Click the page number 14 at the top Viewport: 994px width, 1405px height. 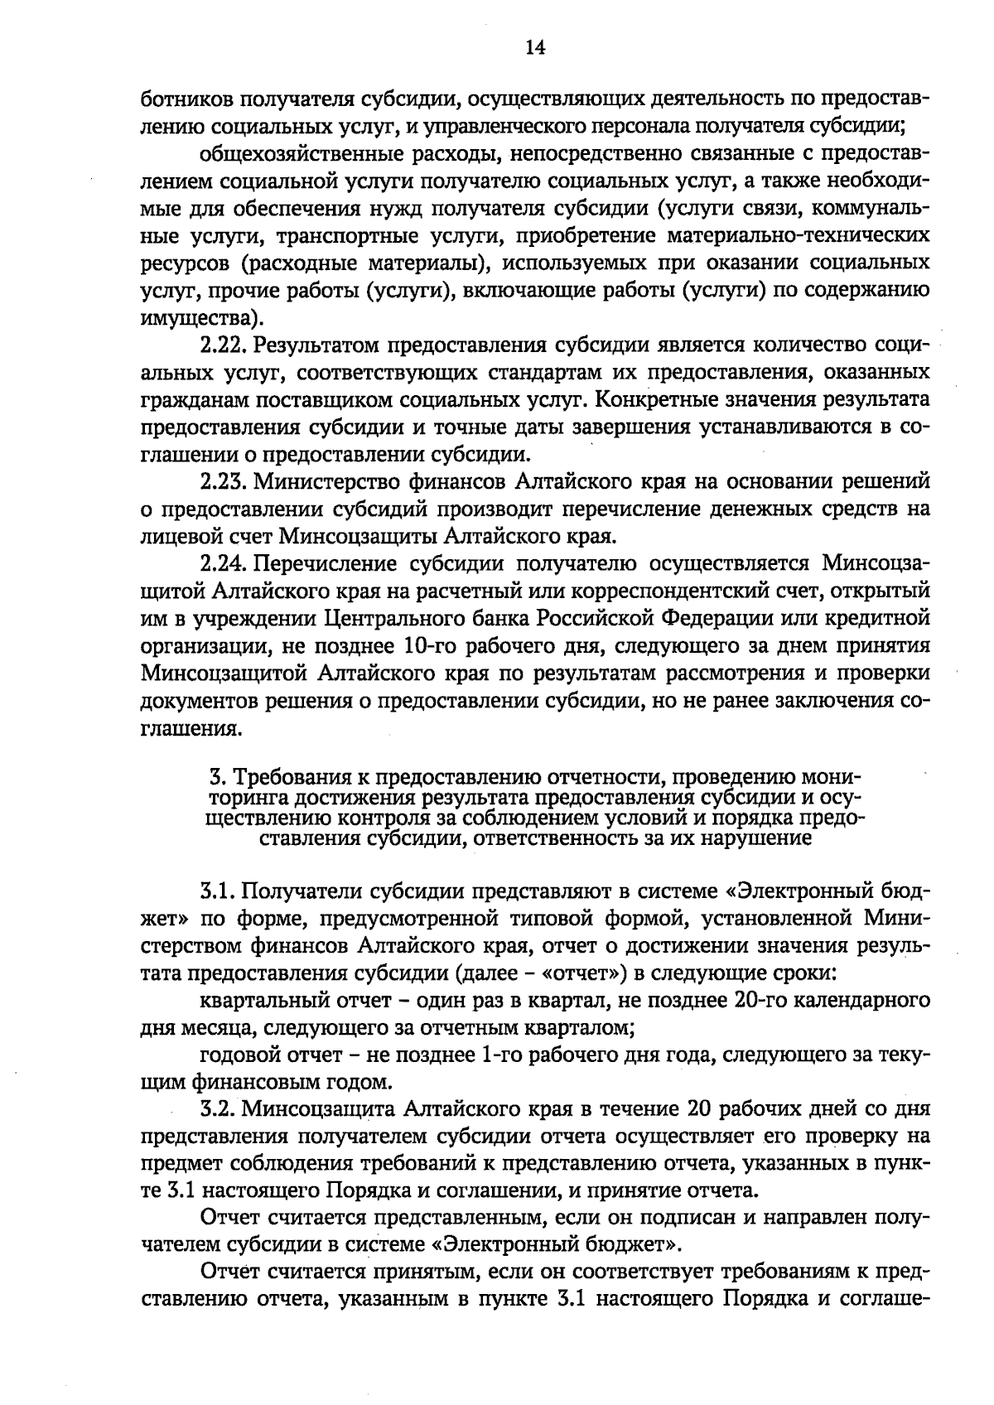click(534, 47)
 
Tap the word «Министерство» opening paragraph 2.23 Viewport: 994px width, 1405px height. click(329, 482)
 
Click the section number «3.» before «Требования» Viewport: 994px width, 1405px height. click(217, 778)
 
